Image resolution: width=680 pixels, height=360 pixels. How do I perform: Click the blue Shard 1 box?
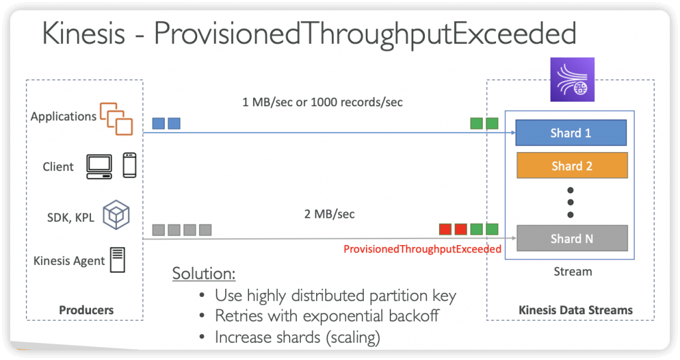point(571,133)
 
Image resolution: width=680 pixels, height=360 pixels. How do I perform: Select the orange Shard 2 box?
point(572,165)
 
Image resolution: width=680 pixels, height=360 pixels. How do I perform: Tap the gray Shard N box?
point(572,238)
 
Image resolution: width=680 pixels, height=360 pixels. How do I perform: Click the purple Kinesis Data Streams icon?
point(572,80)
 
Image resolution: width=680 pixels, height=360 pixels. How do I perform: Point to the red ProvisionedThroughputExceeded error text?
point(422,249)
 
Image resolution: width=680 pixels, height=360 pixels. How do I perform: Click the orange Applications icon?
point(116,118)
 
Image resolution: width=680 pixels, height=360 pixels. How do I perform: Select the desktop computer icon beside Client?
point(100,167)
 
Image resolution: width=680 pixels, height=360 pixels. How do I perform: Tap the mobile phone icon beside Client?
point(129,165)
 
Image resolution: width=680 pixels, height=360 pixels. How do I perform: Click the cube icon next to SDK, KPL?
point(116,215)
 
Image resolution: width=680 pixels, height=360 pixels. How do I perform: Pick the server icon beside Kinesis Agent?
point(118,260)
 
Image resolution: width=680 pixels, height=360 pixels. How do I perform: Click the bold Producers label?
point(86,310)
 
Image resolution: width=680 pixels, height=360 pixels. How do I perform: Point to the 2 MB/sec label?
point(329,214)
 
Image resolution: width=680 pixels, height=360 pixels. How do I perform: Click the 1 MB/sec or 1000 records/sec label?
point(322,102)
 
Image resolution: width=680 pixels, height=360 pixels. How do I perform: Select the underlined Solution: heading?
point(204,273)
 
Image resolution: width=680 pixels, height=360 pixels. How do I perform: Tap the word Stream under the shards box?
point(573,272)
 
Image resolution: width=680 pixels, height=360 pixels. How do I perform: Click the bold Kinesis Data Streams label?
point(576,310)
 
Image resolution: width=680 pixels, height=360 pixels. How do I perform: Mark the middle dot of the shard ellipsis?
point(570,203)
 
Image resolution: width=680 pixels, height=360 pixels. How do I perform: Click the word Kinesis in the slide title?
point(83,33)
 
